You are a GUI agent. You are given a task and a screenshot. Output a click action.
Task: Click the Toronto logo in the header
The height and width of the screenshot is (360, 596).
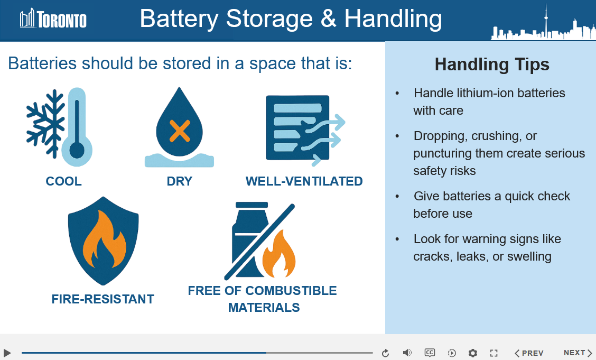[x=53, y=19]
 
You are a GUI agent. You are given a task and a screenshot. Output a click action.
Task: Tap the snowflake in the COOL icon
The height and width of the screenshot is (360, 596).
[x=45, y=124]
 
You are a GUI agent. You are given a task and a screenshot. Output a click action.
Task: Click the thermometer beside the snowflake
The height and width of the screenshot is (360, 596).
[x=77, y=127]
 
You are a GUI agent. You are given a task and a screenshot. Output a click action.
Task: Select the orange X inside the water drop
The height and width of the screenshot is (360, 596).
[x=180, y=131]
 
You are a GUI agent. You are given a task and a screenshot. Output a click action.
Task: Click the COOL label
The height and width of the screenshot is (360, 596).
[x=63, y=181]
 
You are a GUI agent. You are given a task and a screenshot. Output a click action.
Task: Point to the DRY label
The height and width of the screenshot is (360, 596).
[x=180, y=181]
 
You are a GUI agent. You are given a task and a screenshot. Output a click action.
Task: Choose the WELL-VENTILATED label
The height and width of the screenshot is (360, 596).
[x=304, y=181]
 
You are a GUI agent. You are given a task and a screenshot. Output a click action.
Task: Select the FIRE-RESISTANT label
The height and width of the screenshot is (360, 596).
[x=103, y=299]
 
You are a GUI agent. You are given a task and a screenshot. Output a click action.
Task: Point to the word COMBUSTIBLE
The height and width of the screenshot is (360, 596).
[x=291, y=291]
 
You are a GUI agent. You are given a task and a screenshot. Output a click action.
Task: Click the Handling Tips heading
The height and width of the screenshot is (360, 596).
[x=492, y=64]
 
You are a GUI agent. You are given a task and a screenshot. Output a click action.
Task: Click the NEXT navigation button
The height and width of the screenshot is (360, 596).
[x=578, y=353]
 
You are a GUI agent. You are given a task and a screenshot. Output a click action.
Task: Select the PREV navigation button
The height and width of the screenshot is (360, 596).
[x=529, y=353]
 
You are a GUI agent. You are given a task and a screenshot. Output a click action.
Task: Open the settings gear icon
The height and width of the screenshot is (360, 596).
[x=472, y=353]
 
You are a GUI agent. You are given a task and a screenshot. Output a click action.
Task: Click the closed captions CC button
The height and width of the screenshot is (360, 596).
[x=430, y=353]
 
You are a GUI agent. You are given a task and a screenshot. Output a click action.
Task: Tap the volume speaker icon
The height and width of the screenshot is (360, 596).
[x=407, y=353]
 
